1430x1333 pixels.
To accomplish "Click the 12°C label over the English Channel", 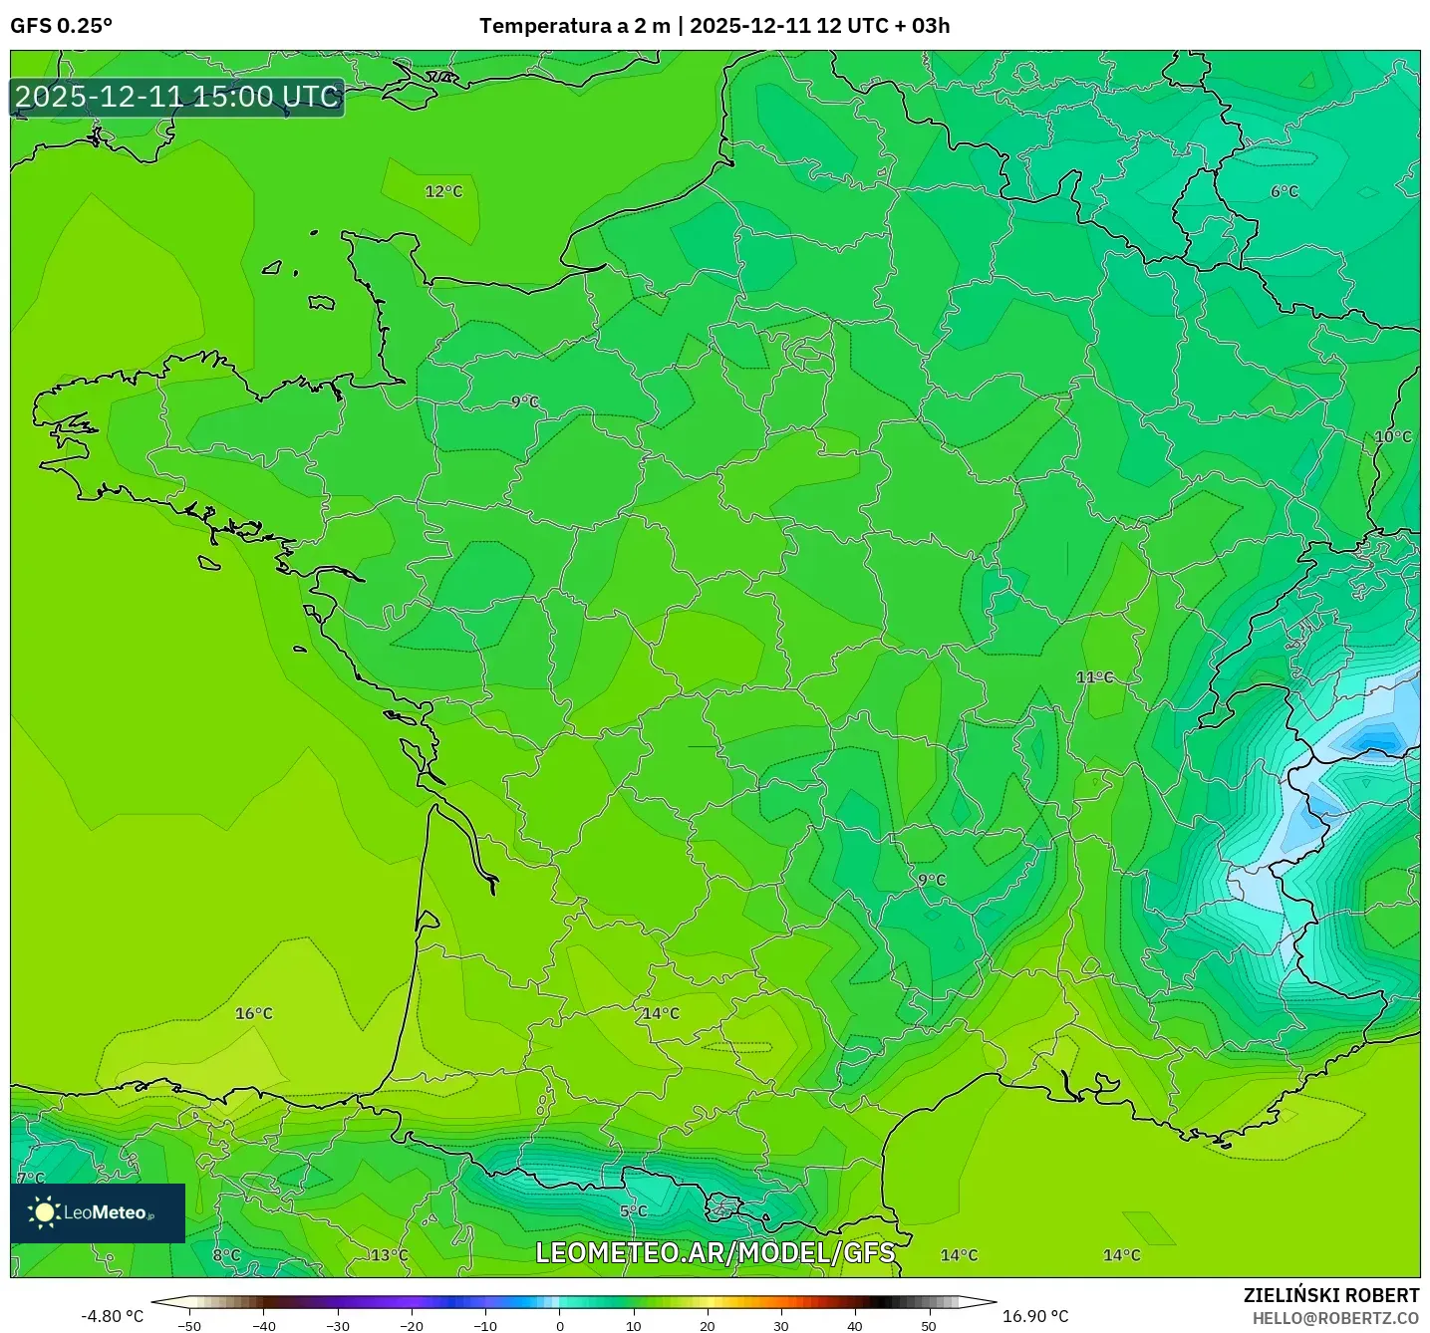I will (443, 191).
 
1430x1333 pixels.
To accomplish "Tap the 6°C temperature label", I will (1285, 191).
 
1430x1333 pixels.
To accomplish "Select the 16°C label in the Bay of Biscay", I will (253, 1013).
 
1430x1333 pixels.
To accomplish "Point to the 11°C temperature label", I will (1094, 677).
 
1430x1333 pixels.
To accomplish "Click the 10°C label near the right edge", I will (1392, 436).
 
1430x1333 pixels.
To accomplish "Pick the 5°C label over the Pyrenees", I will (633, 1211).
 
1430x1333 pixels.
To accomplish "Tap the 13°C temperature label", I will (389, 1255).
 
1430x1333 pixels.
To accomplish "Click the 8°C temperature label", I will (226, 1255).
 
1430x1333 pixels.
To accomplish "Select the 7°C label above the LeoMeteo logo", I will (30, 1178).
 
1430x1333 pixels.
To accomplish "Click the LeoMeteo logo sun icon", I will (44, 1212).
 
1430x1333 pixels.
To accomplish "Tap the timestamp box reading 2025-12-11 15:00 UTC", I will (177, 97).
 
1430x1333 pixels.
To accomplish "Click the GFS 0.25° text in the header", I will (61, 26).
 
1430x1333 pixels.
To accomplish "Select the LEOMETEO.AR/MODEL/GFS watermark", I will (715, 1252).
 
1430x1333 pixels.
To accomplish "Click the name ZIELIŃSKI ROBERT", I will (1330, 1295).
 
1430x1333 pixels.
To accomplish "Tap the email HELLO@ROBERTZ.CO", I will (1335, 1318).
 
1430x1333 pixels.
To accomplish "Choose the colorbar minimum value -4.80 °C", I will (112, 1316).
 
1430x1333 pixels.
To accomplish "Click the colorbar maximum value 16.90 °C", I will (1035, 1316).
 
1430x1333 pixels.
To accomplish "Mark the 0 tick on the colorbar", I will (559, 1326).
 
